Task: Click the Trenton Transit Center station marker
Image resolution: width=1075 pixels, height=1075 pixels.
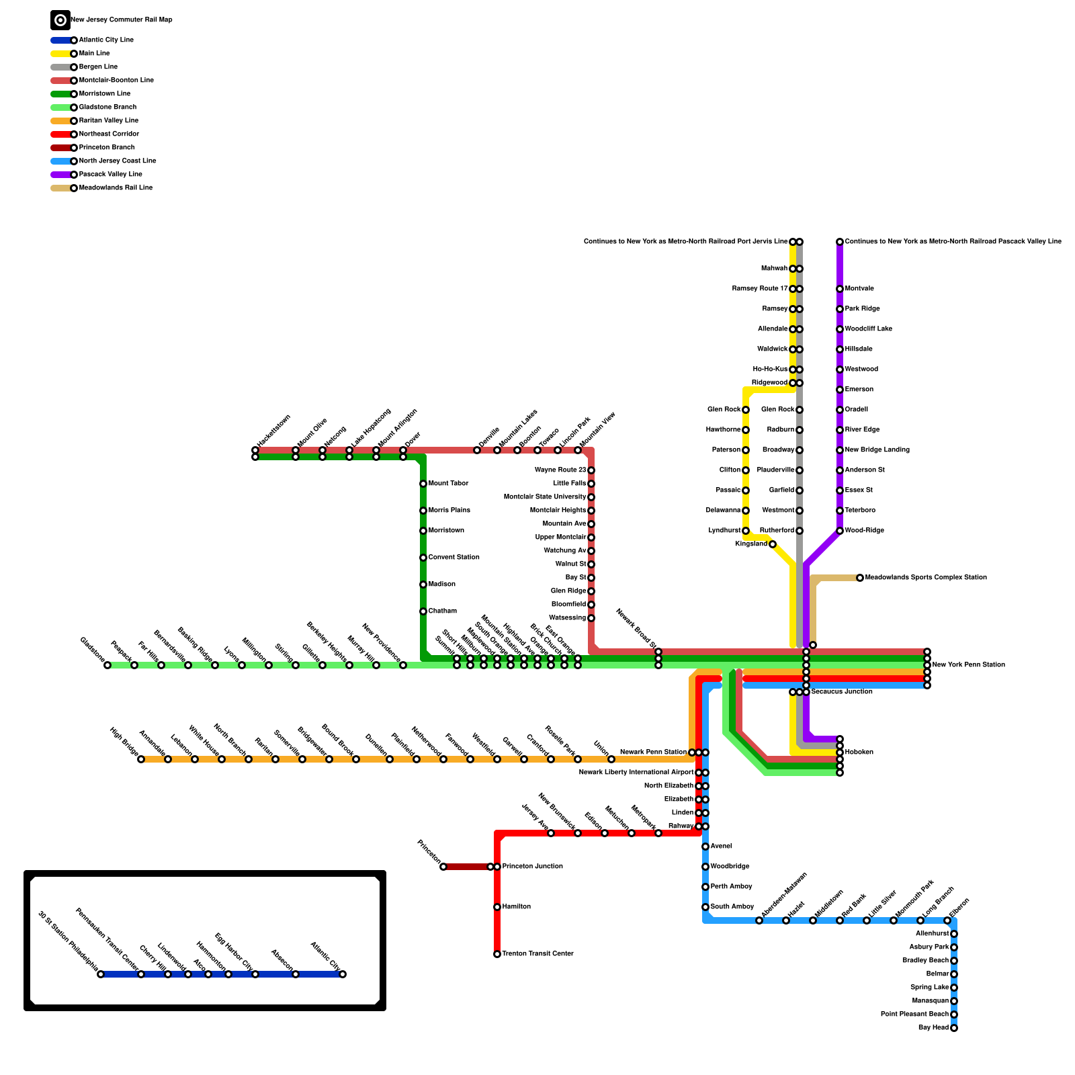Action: [x=497, y=954]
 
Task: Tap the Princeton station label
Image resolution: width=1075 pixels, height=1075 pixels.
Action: [x=429, y=852]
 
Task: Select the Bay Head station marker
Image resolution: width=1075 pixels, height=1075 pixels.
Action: [x=954, y=1028]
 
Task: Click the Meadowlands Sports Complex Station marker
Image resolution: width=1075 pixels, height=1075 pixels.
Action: [x=860, y=578]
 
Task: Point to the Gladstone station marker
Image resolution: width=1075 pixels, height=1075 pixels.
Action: [x=107, y=665]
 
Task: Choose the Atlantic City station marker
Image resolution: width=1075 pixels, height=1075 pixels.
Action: [x=343, y=974]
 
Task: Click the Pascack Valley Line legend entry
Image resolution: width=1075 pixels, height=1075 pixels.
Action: [x=110, y=175]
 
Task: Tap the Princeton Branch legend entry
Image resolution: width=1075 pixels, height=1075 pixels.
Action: [x=107, y=148]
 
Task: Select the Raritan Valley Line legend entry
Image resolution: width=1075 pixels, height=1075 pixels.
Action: [x=108, y=121]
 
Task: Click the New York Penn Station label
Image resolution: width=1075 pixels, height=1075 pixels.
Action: [x=968, y=665]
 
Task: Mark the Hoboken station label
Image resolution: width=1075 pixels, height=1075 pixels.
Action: [x=859, y=752]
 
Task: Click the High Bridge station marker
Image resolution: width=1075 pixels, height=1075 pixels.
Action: [x=141, y=759]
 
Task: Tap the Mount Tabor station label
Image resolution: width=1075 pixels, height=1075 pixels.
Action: [x=448, y=484]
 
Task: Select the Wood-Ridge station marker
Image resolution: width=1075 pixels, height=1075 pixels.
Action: [x=840, y=531]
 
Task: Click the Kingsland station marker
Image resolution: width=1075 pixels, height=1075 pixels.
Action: [x=773, y=544]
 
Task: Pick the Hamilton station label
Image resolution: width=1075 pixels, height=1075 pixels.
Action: [x=516, y=907]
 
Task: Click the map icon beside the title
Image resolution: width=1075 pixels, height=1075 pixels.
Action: [x=60, y=20]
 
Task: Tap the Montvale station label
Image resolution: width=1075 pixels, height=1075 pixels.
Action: [x=859, y=289]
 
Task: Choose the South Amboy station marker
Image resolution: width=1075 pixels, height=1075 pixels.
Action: [x=705, y=907]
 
